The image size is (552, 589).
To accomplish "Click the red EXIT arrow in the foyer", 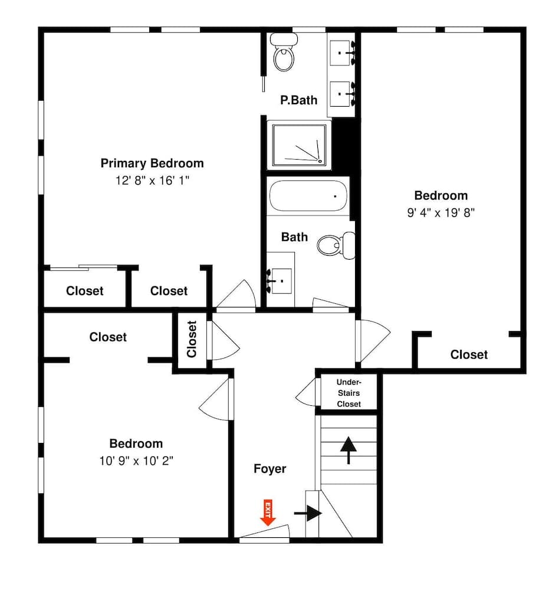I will tap(268, 513).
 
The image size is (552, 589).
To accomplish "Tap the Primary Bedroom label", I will tap(152, 163).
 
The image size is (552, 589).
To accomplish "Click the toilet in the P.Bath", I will tap(284, 54).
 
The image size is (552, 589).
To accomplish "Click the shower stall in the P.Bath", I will tap(299, 144).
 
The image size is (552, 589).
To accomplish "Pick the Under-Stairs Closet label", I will tap(349, 393).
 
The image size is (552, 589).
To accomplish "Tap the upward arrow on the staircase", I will tap(349, 450).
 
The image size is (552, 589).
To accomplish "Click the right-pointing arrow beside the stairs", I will tap(308, 513).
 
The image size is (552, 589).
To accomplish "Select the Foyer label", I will tap(270, 469).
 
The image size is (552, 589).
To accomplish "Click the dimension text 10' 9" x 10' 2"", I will tap(136, 460).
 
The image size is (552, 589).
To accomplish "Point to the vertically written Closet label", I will tap(192, 339).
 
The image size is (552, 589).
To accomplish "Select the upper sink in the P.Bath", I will tap(343, 54).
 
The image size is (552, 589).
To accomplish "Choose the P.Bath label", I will tap(298, 100).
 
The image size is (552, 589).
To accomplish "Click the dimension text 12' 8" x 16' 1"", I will tap(152, 180).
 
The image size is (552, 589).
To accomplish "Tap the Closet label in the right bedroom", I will tap(469, 355).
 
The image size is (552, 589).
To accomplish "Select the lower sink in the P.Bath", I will tap(343, 92).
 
